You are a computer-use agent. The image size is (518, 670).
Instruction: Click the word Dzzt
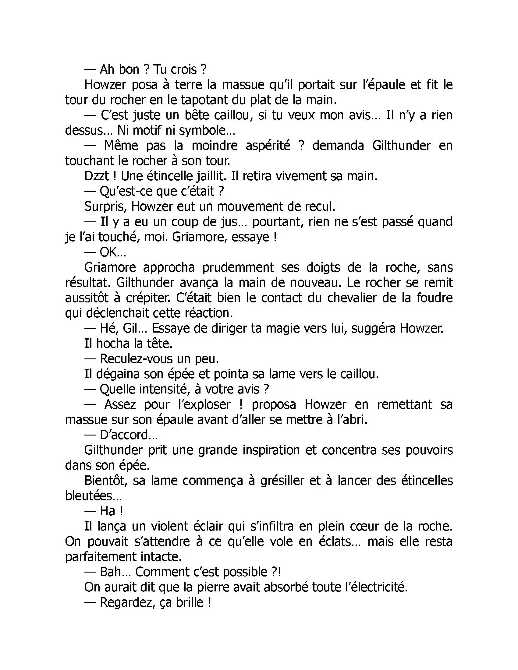[x=96, y=176]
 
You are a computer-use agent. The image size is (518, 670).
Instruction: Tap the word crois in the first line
[x=183, y=70]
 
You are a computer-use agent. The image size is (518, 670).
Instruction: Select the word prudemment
[x=238, y=267]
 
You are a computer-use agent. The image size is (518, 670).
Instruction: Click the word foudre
[x=434, y=298]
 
